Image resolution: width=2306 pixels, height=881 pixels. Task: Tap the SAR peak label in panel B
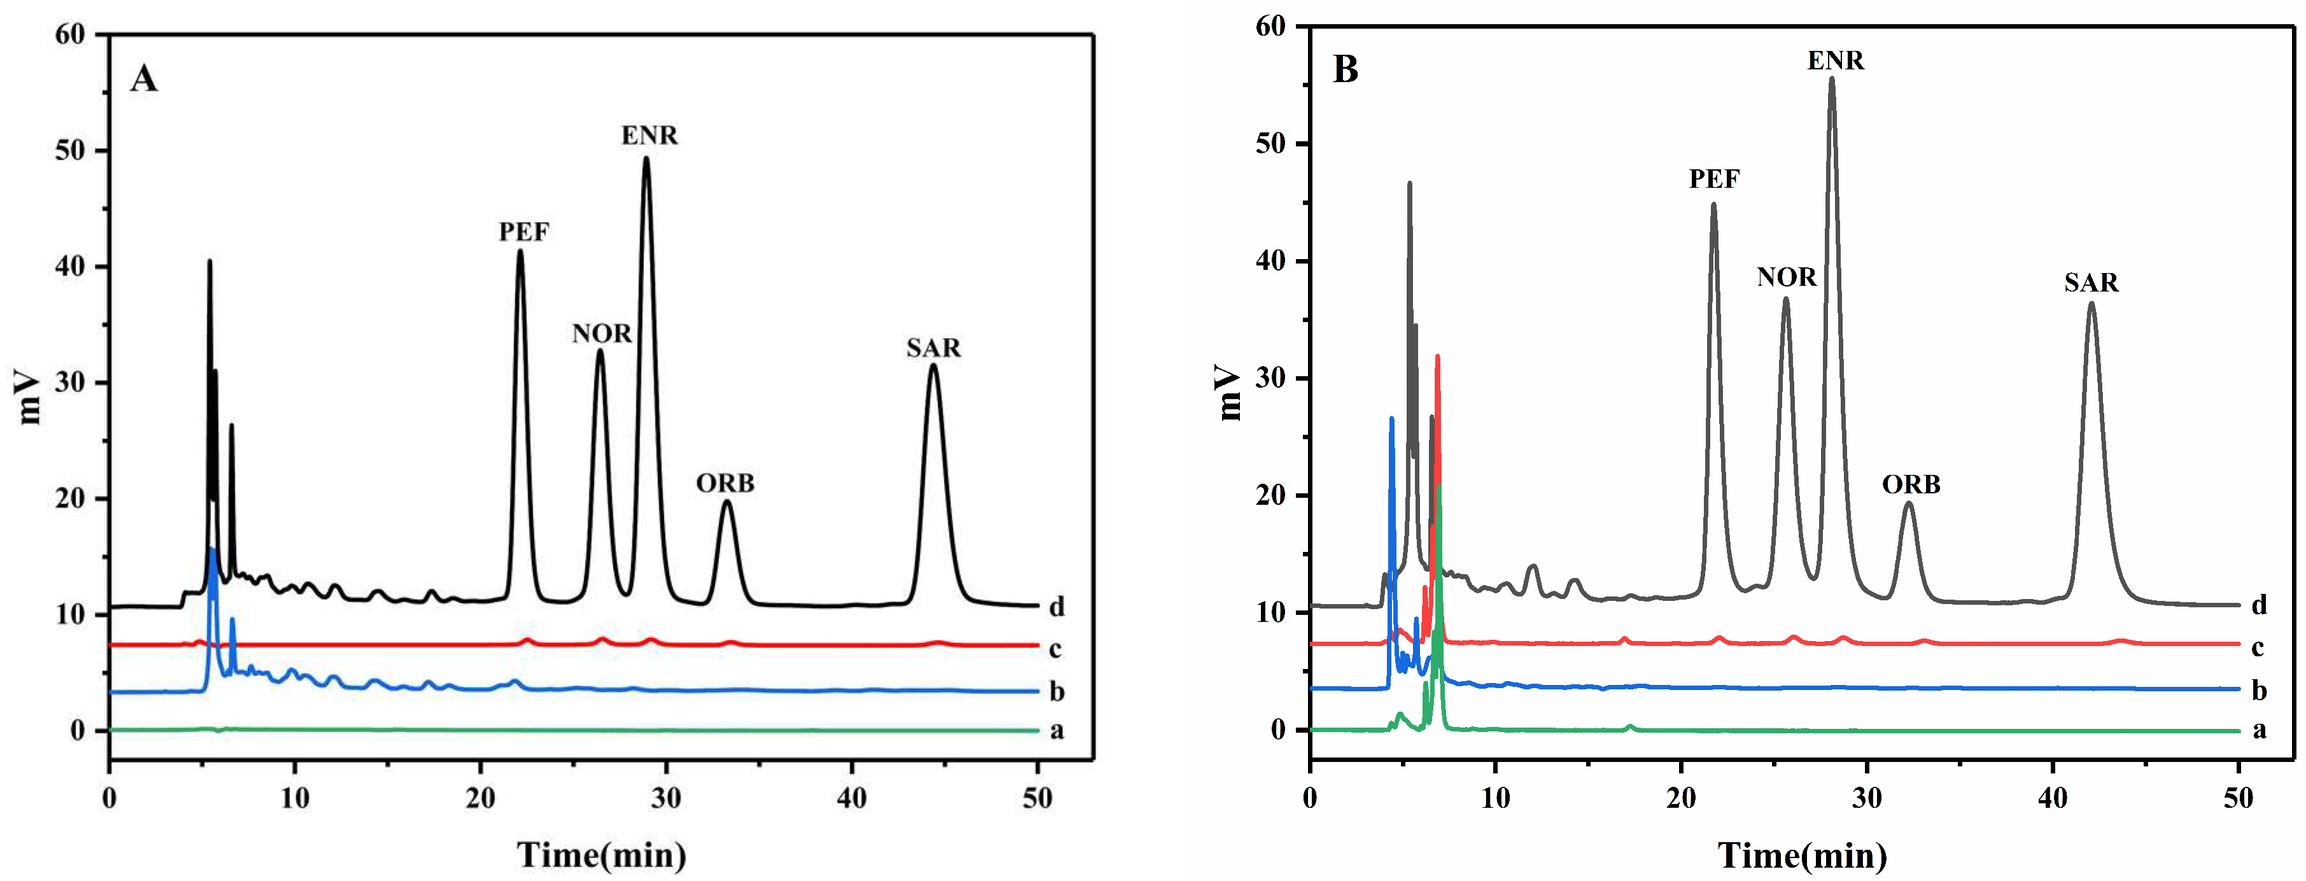point(2091,283)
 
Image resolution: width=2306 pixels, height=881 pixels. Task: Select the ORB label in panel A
point(725,484)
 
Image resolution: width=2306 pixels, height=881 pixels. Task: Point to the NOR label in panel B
point(1787,278)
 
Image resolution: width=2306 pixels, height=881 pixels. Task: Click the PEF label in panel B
point(1714,179)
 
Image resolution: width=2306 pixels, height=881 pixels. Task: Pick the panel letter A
point(143,79)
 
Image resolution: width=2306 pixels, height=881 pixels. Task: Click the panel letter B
point(1346,69)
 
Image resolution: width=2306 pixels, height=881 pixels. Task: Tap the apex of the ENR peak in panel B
point(1832,79)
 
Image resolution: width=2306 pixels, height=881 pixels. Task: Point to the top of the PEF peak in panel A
point(520,251)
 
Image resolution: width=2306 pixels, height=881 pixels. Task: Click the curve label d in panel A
point(1057,607)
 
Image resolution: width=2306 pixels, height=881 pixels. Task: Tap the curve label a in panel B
point(2258,729)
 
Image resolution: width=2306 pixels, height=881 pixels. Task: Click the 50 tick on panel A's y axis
point(70,150)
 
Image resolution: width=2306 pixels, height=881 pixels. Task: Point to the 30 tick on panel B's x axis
point(1867,798)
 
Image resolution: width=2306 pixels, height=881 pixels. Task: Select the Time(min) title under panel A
point(601,854)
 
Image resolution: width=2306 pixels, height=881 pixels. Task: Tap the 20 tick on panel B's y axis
point(1270,495)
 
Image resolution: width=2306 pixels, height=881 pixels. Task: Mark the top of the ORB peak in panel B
point(1909,503)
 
